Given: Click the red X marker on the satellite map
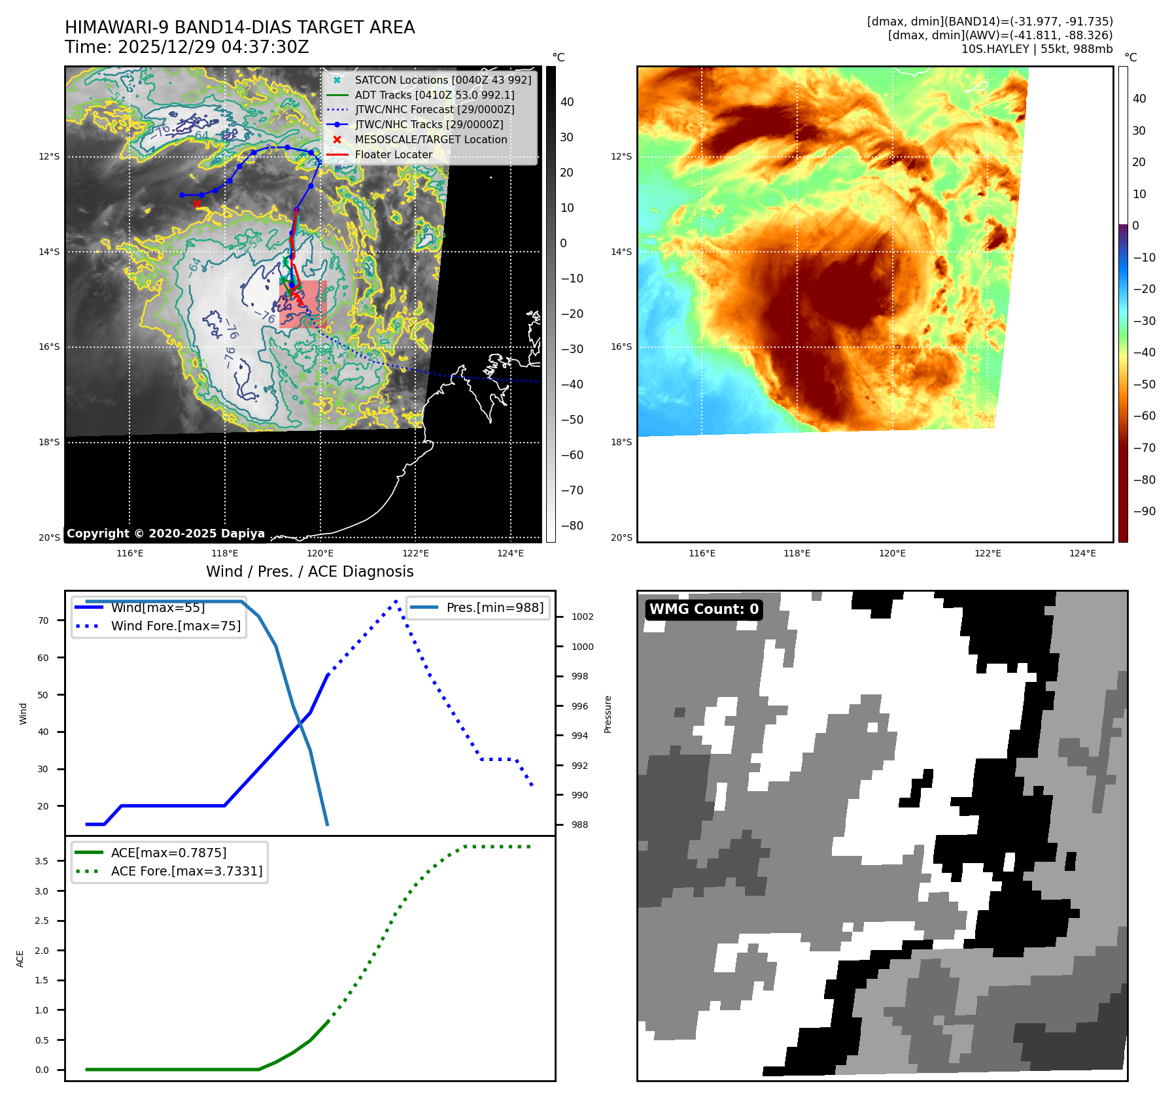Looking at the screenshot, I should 197,203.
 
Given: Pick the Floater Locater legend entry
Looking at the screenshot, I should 393,155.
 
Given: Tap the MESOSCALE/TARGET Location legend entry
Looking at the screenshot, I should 430,140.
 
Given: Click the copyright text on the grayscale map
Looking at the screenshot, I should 165,534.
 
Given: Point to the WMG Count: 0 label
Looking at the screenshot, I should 704,609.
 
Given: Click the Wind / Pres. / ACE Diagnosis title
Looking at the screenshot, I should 309,572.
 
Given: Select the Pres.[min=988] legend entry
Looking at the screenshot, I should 494,607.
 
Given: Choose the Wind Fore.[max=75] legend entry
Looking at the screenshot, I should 175,626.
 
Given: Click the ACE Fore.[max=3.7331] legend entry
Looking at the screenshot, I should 186,871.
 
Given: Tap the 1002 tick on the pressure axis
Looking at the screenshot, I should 582,617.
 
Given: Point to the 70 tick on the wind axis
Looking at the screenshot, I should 43,620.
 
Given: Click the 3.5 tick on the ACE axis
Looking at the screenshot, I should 42,861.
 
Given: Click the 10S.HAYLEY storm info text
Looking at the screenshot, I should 1037,49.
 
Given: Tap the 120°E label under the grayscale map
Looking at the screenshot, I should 320,554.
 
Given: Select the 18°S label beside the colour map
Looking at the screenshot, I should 621,443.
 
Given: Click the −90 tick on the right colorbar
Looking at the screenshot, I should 1144,511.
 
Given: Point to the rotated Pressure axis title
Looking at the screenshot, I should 608,714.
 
